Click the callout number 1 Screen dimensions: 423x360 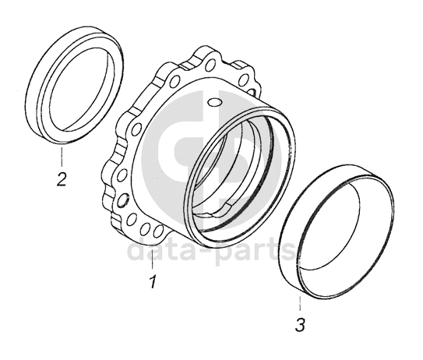pyautogui.click(x=153, y=281)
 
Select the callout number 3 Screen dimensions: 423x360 pyautogui.click(x=300, y=324)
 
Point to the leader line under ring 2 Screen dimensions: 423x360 pyautogui.click(x=62, y=157)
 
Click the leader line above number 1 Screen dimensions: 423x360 pyautogui.click(x=153, y=259)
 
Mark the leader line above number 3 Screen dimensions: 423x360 pyautogui.click(x=300, y=304)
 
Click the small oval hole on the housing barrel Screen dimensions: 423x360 pyautogui.click(x=215, y=102)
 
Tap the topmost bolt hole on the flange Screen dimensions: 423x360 pyautogui.click(x=210, y=65)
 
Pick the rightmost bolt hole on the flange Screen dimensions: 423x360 pyautogui.click(x=244, y=79)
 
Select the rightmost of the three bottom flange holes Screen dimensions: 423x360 pyautogui.click(x=159, y=231)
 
